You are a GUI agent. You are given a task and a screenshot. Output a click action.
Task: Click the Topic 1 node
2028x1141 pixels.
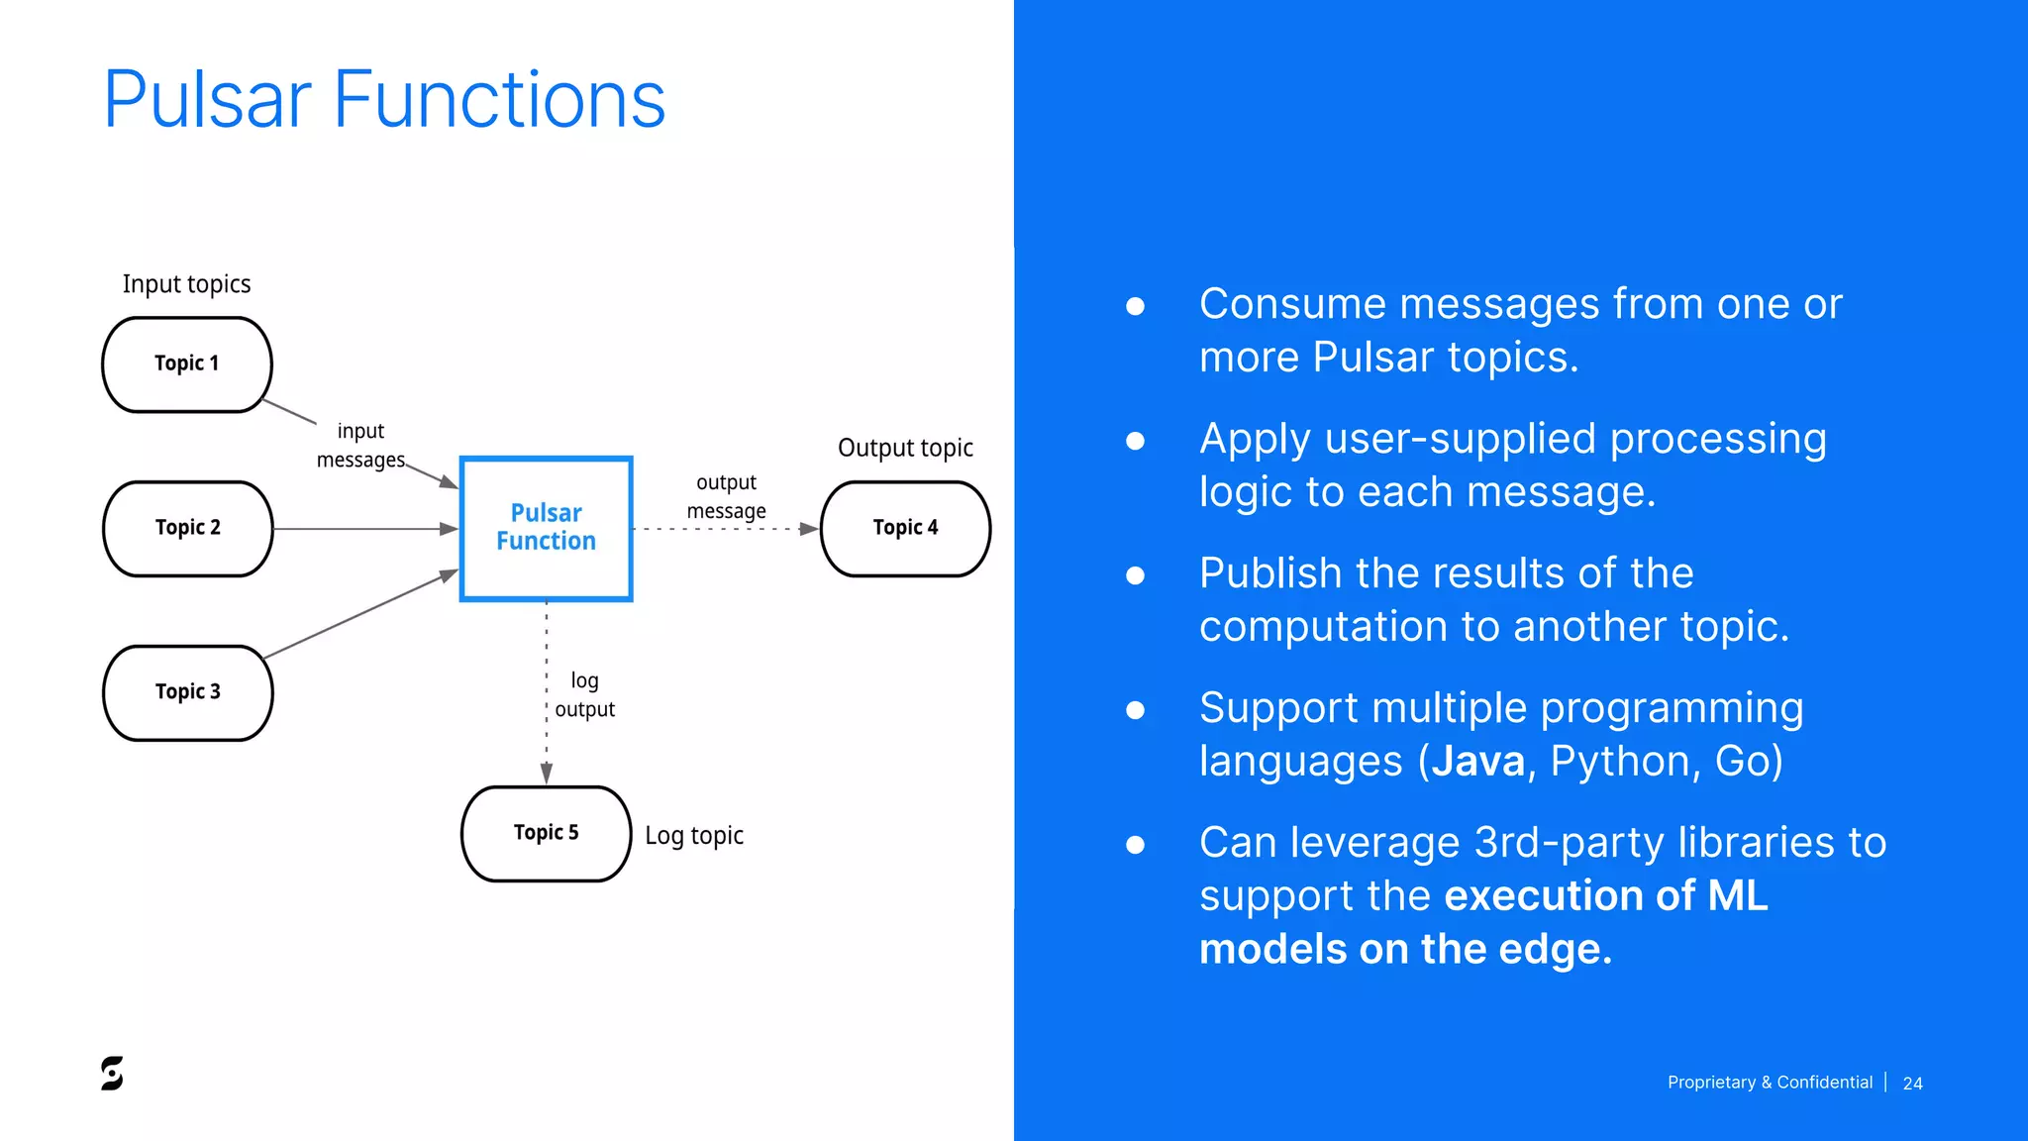point(187,363)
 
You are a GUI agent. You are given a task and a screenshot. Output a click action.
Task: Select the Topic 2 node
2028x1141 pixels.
point(187,528)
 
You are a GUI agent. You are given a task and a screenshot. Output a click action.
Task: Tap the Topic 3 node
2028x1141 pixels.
point(187,692)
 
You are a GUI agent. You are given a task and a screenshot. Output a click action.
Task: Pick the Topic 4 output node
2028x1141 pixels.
point(905,528)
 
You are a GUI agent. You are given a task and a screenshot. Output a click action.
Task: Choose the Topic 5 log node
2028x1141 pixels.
point(546,833)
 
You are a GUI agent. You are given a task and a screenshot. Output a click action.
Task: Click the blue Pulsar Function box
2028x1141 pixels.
point(546,528)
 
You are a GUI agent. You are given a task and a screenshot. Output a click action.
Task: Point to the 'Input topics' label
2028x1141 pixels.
point(186,284)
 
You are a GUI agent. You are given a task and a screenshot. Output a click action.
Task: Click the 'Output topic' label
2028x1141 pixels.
point(905,448)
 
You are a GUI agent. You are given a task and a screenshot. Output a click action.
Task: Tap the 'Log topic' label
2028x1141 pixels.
point(693,836)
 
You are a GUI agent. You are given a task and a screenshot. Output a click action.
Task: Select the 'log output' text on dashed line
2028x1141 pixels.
point(584,694)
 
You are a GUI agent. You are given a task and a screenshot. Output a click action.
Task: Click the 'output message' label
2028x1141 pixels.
point(726,496)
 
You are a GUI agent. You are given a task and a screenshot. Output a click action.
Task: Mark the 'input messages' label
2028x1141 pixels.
point(360,445)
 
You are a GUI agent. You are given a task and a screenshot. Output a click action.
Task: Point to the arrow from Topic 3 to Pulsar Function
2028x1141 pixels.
point(361,614)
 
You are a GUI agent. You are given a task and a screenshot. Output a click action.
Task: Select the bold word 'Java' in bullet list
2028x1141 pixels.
point(1477,761)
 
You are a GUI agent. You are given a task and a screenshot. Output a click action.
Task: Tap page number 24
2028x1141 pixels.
point(1912,1084)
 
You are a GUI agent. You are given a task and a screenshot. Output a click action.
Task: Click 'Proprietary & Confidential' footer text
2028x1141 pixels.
point(1770,1083)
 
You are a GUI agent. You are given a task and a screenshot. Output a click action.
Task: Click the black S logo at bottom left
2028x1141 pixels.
point(112,1073)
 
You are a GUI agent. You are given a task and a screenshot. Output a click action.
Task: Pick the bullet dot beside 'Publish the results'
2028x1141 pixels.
point(1136,575)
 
